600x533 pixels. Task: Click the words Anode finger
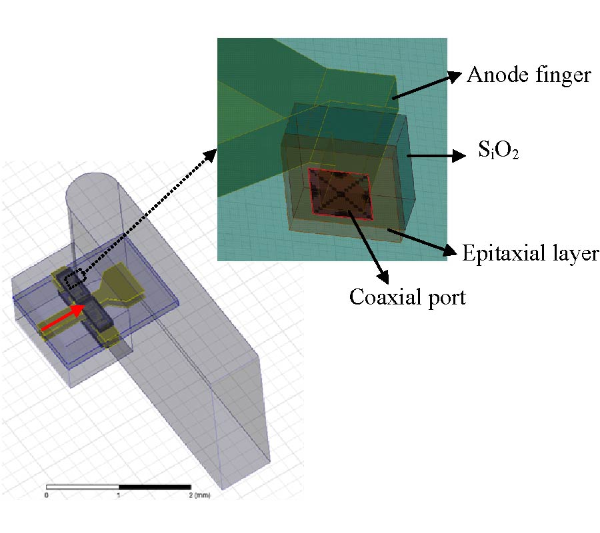point(528,75)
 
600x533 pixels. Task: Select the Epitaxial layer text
point(531,253)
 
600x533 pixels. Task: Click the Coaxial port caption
point(407,296)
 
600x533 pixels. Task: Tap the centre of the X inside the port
point(340,193)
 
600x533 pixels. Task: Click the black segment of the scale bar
point(155,488)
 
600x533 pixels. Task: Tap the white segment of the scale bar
point(82,488)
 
